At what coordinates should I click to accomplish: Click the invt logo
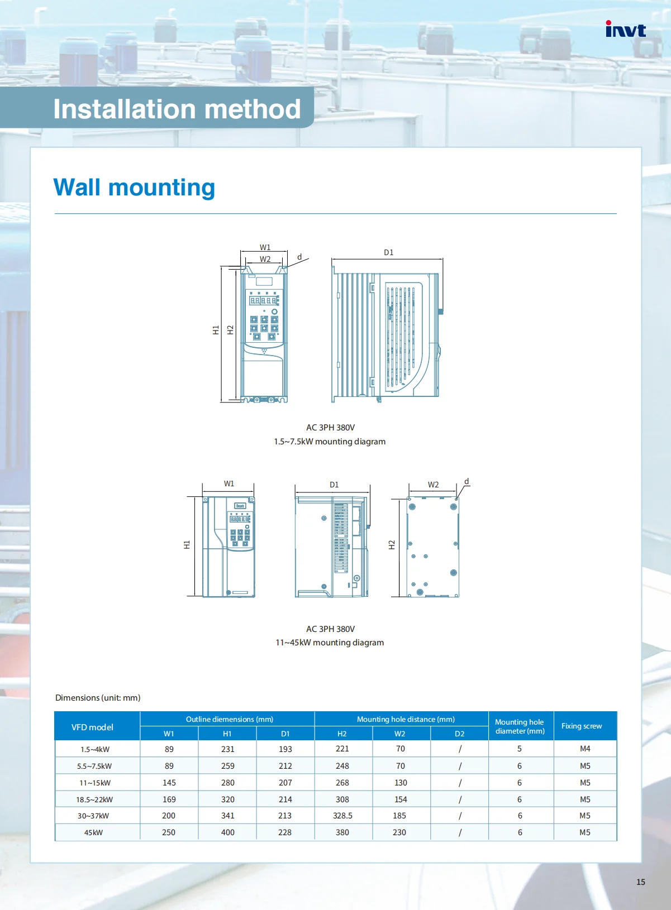pyautogui.click(x=625, y=29)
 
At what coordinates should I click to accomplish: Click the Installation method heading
pyautogui.click(x=177, y=109)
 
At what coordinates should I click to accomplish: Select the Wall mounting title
pyautogui.click(x=134, y=187)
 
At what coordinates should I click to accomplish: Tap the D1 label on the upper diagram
pyautogui.click(x=389, y=252)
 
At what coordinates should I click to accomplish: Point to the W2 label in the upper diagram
pyautogui.click(x=265, y=259)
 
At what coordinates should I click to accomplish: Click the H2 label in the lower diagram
pyautogui.click(x=392, y=545)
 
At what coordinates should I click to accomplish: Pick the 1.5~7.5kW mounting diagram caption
pyautogui.click(x=330, y=441)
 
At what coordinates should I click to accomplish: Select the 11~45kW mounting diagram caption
pyautogui.click(x=330, y=642)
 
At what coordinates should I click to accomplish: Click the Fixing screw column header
pyautogui.click(x=582, y=726)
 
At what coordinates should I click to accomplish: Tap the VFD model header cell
pyautogui.click(x=92, y=727)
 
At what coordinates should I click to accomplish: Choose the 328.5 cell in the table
pyautogui.click(x=342, y=815)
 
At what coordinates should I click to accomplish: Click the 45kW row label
pyautogui.click(x=93, y=832)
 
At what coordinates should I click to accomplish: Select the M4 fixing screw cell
pyautogui.click(x=585, y=748)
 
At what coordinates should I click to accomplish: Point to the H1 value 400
pyautogui.click(x=228, y=832)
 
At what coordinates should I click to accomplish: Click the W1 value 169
pyautogui.click(x=169, y=799)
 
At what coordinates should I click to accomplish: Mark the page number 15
pyautogui.click(x=640, y=882)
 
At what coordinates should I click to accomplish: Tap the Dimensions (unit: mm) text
pyautogui.click(x=98, y=697)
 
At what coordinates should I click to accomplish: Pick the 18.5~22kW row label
pyautogui.click(x=94, y=799)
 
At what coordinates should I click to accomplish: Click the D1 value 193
pyautogui.click(x=285, y=749)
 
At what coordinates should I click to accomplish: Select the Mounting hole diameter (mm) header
pyautogui.click(x=520, y=726)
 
